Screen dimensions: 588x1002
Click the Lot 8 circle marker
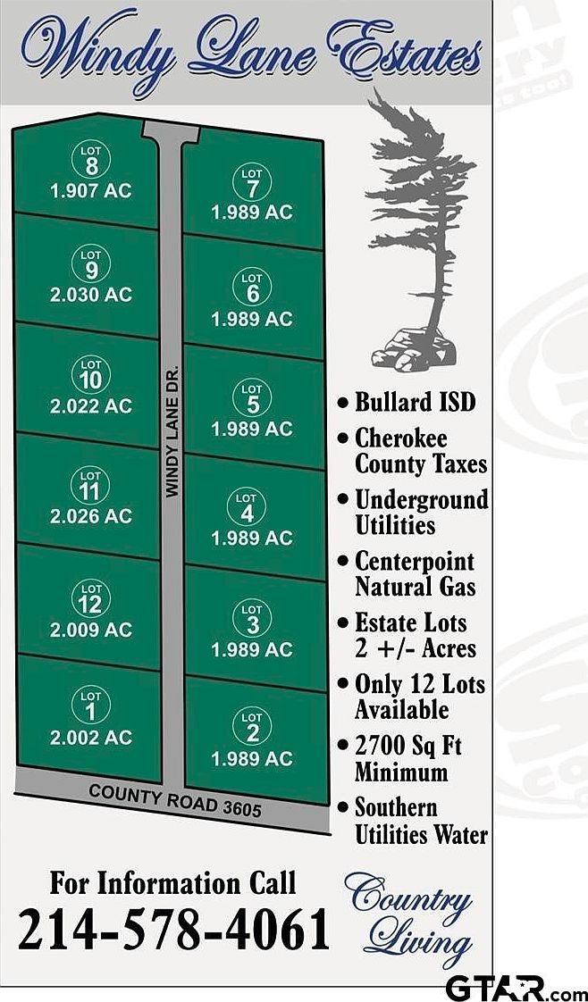click(x=90, y=160)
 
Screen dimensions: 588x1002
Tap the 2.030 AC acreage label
click(x=90, y=295)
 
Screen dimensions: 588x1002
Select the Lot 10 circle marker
click(x=90, y=375)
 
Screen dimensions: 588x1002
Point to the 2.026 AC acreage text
click(x=90, y=515)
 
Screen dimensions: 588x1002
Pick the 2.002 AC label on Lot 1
click(x=90, y=737)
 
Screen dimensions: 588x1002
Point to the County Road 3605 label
click(x=175, y=800)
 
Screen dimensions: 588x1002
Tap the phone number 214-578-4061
click(x=173, y=931)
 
